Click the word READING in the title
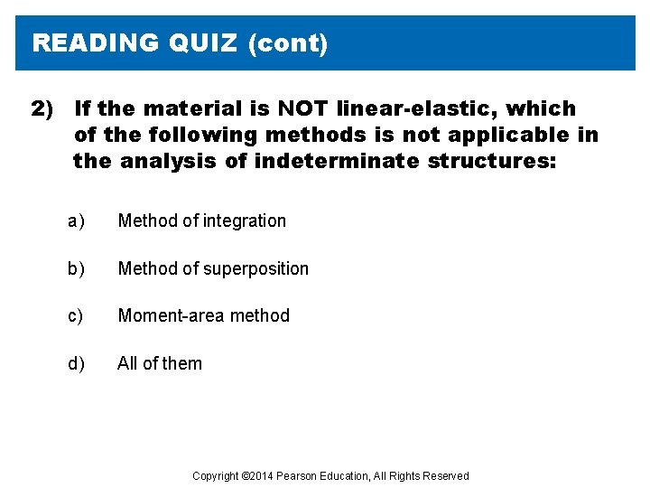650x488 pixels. (x=95, y=43)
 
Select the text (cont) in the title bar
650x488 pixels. (x=288, y=43)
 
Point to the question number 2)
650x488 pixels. (x=42, y=109)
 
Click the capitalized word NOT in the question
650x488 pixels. (x=303, y=109)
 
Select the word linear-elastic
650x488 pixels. (x=416, y=109)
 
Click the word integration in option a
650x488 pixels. (x=244, y=221)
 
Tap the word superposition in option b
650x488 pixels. (x=260, y=269)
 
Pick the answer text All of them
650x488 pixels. (x=160, y=364)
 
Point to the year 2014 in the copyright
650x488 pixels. (x=262, y=476)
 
